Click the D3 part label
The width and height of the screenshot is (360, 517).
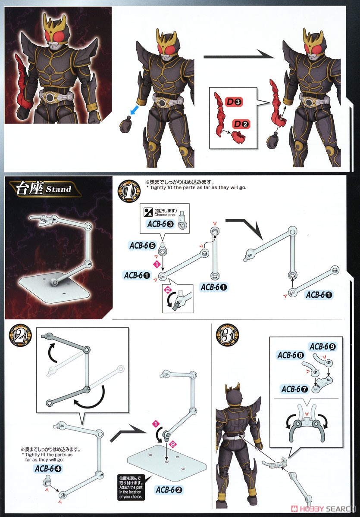coord(234,102)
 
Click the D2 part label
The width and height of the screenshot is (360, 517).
coord(241,124)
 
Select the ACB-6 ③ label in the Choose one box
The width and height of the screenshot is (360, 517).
coord(161,224)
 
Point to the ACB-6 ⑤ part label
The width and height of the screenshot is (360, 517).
coord(142,246)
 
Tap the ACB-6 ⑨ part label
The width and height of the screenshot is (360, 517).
coord(323,346)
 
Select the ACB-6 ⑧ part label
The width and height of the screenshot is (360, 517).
coord(291,355)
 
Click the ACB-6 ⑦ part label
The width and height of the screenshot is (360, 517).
coord(294,389)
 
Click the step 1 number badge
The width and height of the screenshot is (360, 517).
coord(129,192)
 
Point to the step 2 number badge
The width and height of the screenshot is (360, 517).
coord(20,336)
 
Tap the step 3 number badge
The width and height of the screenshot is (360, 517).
coord(227,336)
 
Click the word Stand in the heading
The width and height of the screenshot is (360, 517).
coord(59,189)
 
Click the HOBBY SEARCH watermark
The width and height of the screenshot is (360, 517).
coord(323,508)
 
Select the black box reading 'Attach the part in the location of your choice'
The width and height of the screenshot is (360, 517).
coord(131,487)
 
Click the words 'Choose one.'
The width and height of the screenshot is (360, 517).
coord(165,215)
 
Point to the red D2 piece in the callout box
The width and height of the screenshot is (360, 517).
coord(238,137)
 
